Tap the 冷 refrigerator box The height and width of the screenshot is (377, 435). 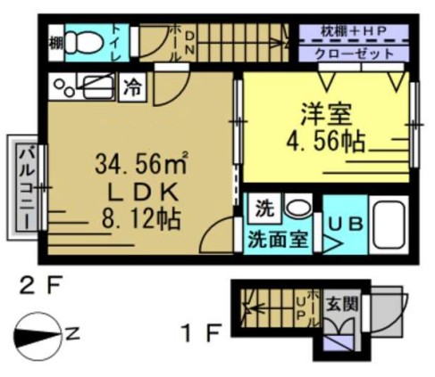(131, 89)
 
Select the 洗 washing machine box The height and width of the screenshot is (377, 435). (261, 210)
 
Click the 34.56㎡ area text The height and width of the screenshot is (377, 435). (142, 164)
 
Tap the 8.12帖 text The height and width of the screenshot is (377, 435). (142, 217)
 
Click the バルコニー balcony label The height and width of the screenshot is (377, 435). (25, 186)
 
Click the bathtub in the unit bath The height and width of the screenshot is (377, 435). (388, 226)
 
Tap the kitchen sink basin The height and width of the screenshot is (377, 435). (95, 88)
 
